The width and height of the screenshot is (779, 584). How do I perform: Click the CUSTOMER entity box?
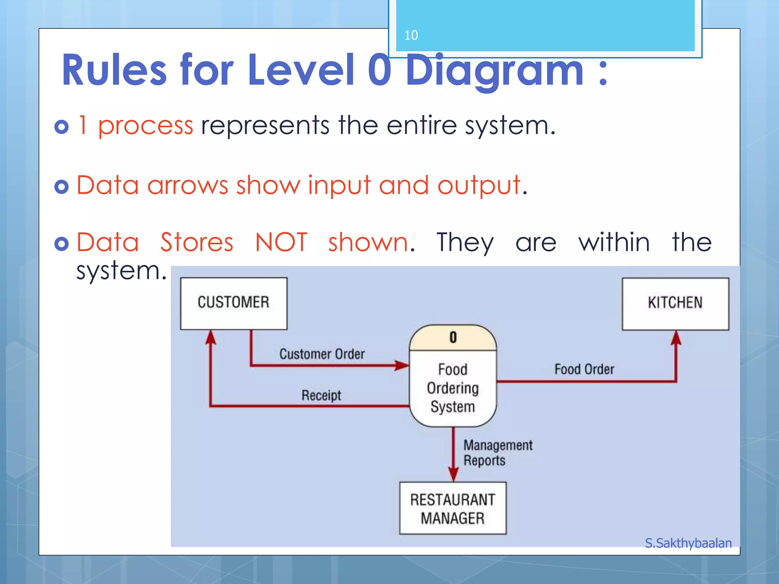pos(234,303)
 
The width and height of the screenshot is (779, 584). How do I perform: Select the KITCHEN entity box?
pos(675,303)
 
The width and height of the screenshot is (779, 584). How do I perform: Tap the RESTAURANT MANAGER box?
pos(453,508)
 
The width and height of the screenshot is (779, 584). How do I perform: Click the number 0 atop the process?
pos(453,338)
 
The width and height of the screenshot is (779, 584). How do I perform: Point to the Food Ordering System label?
pos(453,388)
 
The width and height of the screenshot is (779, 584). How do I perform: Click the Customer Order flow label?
pos(322,354)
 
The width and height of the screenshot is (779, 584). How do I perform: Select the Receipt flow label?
pos(321,395)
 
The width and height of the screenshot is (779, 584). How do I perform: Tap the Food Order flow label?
pos(584,369)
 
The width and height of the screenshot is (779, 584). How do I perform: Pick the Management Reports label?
pos(497,452)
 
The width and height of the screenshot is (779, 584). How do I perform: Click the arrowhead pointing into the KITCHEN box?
pos(676,338)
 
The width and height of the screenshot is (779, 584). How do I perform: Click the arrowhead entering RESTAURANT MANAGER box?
pos(453,474)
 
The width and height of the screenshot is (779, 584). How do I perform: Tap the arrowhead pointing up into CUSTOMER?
pos(210,337)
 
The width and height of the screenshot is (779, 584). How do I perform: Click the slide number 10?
pos(411,35)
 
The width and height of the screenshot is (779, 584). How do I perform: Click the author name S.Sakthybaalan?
pos(688,543)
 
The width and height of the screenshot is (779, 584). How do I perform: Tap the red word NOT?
pos(281,242)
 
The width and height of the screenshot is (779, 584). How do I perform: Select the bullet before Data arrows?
pos(62,186)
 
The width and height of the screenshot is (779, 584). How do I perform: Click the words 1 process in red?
pos(135,125)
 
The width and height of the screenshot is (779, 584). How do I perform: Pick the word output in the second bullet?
pos(479,186)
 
